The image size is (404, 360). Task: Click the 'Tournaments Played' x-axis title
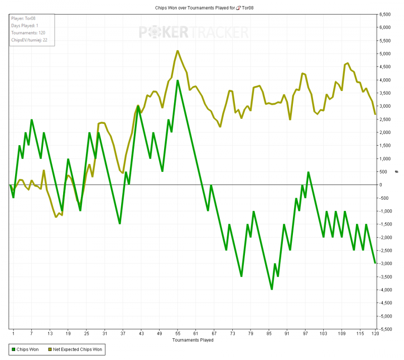(x=192, y=340)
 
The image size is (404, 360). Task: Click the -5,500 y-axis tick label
(x=386, y=329)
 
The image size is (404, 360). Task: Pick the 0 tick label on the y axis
(x=382, y=185)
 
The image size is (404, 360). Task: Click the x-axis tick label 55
(x=178, y=334)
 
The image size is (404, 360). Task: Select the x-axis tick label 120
(x=375, y=334)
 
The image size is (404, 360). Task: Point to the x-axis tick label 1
(x=13, y=334)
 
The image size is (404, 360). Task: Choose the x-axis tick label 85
(x=269, y=334)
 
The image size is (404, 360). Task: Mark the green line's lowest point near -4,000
(x=272, y=289)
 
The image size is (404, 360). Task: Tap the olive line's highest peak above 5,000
(x=178, y=51)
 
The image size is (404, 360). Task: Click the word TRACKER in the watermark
(x=219, y=33)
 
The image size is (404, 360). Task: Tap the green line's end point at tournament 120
(x=375, y=263)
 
